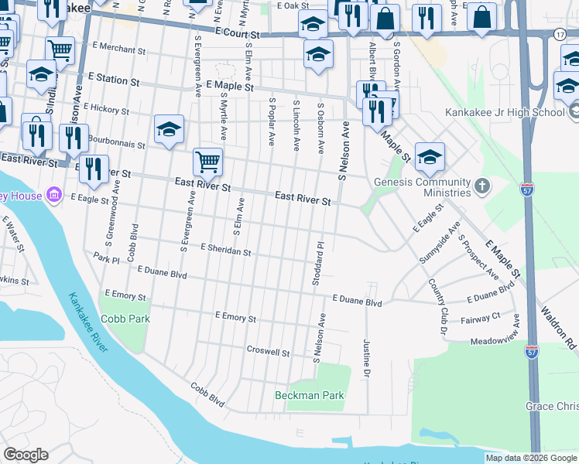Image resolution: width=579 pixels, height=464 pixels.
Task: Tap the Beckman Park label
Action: coord(309,395)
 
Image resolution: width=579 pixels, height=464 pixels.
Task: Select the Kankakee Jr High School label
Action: coord(505,112)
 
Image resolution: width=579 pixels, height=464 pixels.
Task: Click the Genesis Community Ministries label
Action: coord(422,188)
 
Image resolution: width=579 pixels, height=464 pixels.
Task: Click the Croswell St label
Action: coord(268,352)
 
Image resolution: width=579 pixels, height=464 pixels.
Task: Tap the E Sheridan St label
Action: coord(225,251)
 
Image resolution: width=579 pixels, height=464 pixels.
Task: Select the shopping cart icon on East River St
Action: coord(207,162)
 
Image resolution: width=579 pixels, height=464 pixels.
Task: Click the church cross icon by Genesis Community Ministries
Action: coord(482,186)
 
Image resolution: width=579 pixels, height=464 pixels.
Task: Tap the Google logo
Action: coord(26,455)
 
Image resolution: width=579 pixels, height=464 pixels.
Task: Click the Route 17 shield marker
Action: coord(560,35)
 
